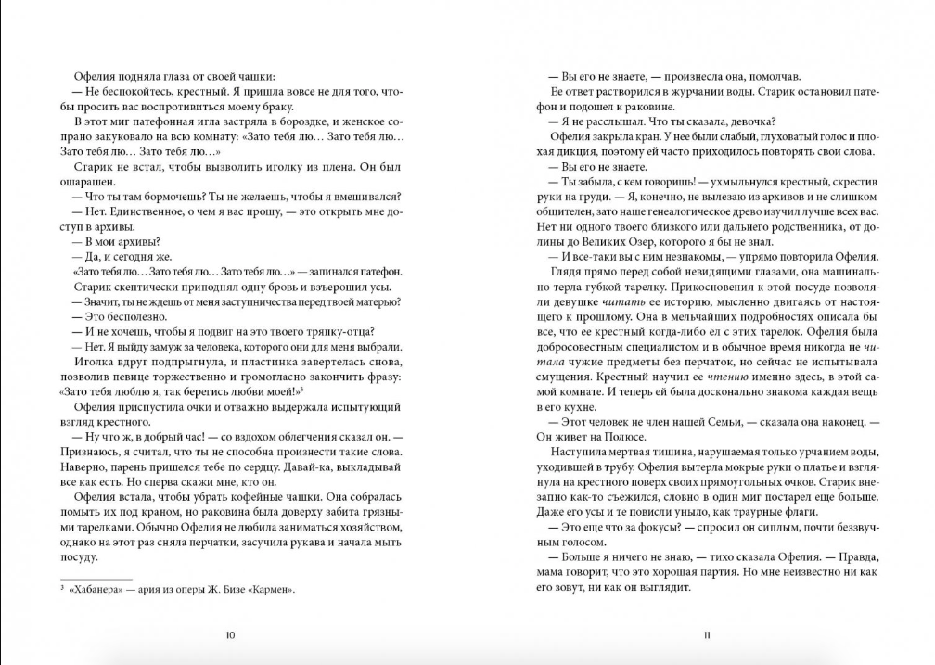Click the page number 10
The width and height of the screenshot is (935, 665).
click(231, 635)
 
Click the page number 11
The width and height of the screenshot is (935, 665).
click(706, 635)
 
